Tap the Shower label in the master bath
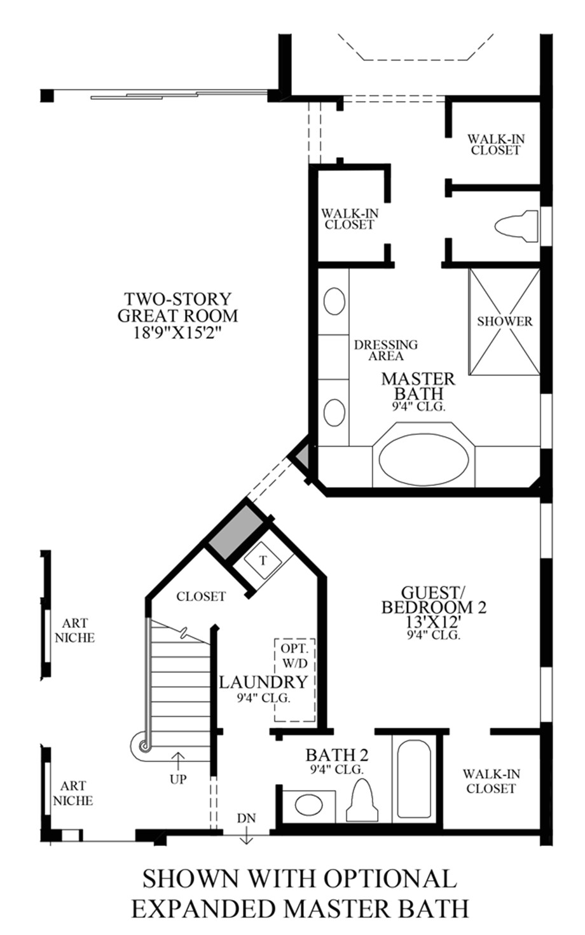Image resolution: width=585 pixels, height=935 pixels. click(x=505, y=321)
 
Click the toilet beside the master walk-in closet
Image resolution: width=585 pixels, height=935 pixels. click(x=516, y=226)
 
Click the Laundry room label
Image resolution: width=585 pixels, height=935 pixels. click(x=263, y=682)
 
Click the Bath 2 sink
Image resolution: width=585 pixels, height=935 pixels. click(x=310, y=805)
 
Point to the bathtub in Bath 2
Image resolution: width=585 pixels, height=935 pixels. click(x=414, y=779)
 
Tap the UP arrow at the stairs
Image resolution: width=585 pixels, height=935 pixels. click(x=178, y=761)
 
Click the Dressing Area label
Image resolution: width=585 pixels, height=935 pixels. click(x=385, y=350)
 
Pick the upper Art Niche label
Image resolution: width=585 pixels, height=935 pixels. click(x=74, y=630)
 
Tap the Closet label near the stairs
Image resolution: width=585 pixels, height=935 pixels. click(x=201, y=597)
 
